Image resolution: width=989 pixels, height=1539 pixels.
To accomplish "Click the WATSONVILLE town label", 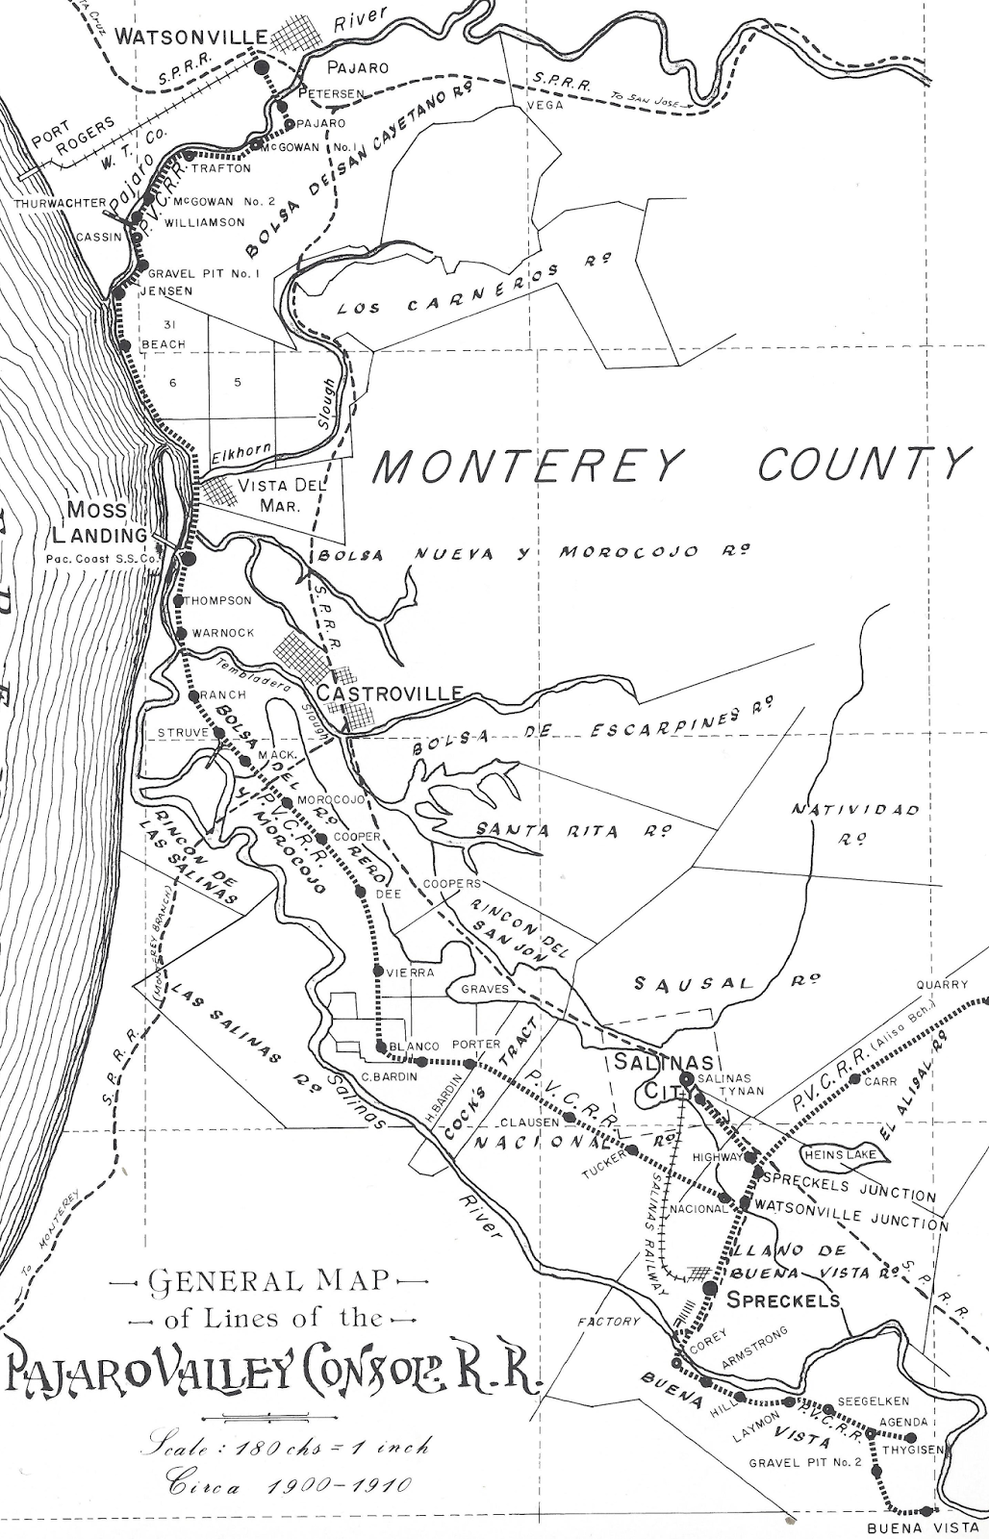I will pos(189,37).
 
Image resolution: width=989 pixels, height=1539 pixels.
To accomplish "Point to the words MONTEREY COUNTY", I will pos(669,466).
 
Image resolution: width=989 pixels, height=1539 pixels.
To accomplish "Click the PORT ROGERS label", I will pos(72,136).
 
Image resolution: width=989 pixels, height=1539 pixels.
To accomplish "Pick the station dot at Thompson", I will pos(179,600).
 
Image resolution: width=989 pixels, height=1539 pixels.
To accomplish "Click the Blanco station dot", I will pos(382,1047).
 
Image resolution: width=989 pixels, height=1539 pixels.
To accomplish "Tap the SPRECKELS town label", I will pos(782,1300).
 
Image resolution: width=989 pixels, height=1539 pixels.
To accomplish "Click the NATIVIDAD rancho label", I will pos(855,810).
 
